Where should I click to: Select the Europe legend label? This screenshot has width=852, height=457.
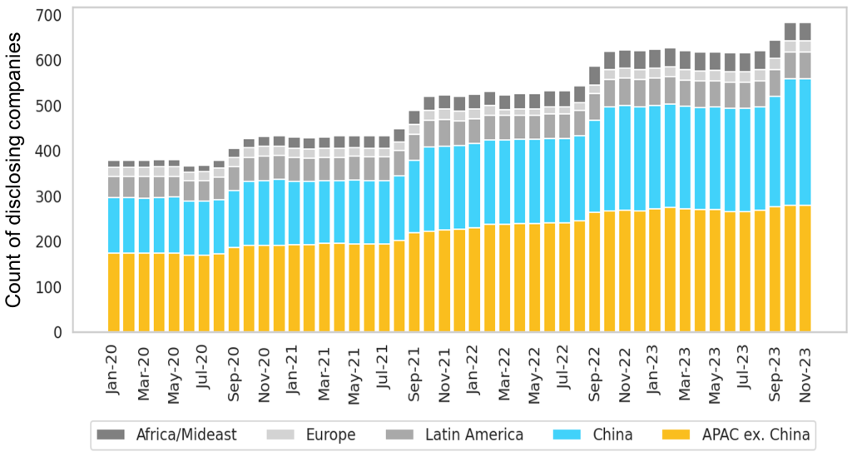tap(330, 435)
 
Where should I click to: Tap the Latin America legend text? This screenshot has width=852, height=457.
tap(473, 435)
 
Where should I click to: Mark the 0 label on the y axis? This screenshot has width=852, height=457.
tap(56, 333)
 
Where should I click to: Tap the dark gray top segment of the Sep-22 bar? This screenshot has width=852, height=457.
tap(595, 75)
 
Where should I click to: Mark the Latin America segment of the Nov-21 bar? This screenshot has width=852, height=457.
tap(444, 133)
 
